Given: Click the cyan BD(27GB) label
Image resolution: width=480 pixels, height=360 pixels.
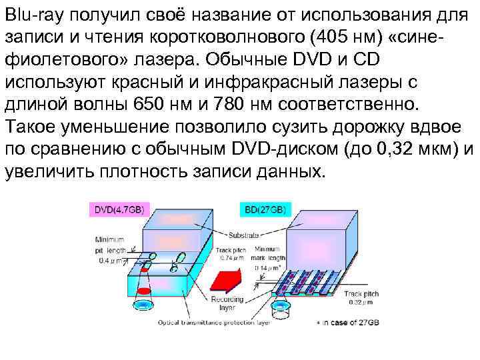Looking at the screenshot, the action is tap(265, 209).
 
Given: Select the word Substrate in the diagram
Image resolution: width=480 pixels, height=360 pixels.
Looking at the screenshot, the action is tap(245, 235).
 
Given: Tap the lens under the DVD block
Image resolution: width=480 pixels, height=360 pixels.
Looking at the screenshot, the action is tap(143, 306).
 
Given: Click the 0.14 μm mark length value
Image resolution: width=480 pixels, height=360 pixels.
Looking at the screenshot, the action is tap(269, 267).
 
